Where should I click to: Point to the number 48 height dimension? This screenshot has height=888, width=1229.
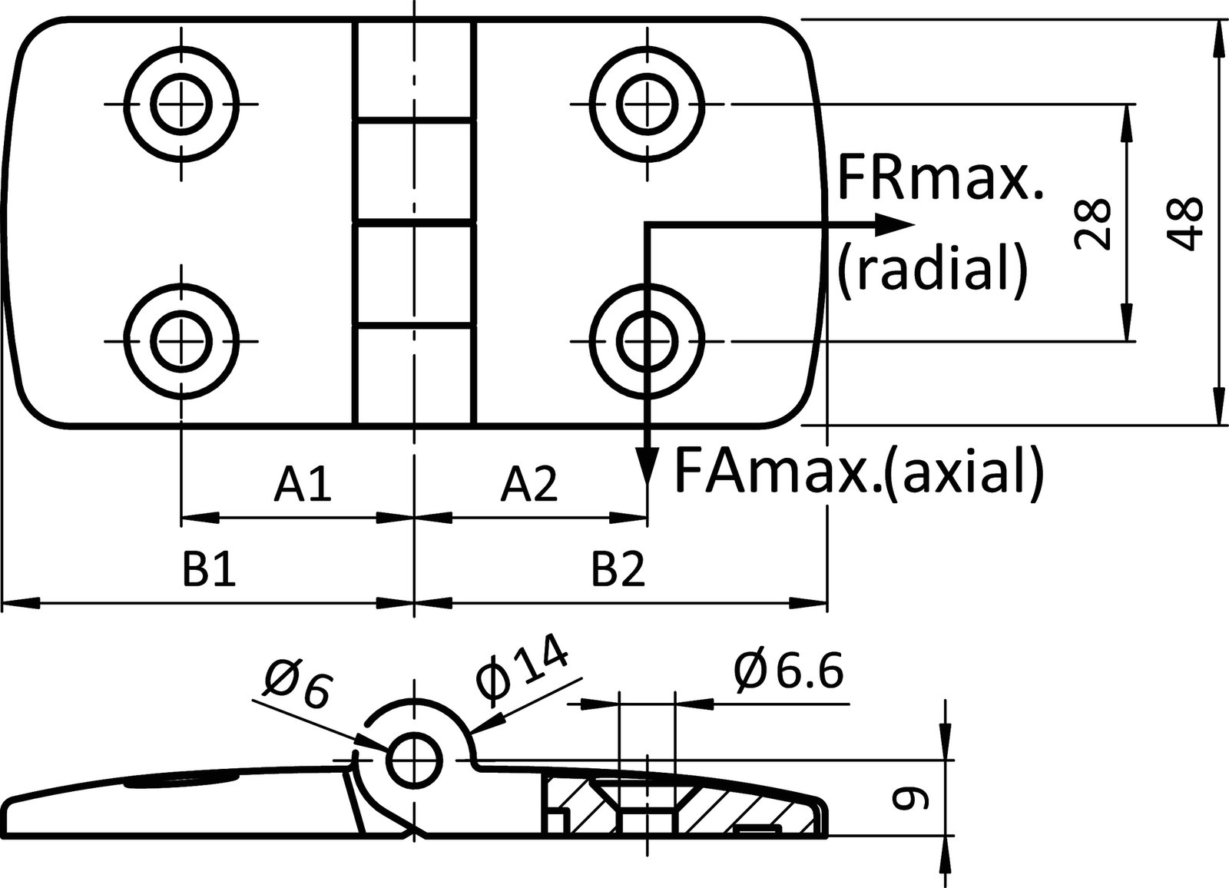click(x=1184, y=223)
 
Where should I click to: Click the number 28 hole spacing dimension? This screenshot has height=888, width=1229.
click(x=1092, y=223)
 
